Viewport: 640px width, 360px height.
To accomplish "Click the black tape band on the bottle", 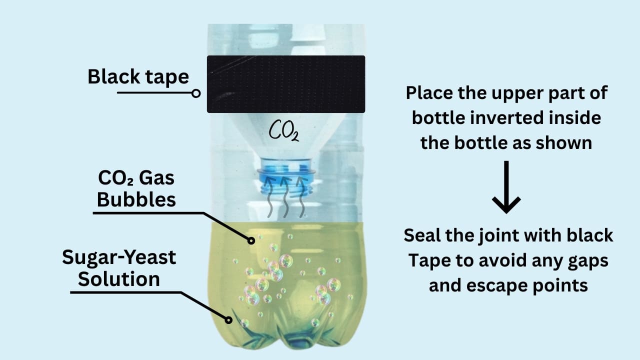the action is pyautogui.click(x=286, y=84).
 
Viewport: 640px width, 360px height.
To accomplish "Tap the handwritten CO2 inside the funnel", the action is pyautogui.click(x=284, y=131).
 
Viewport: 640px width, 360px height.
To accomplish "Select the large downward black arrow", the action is pyautogui.click(x=506, y=187).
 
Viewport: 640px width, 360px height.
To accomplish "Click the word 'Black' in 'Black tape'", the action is pyautogui.click(x=113, y=76).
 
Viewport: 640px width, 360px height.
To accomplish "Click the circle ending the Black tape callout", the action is pyautogui.click(x=196, y=93).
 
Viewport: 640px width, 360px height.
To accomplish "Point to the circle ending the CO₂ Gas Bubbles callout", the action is pyautogui.click(x=251, y=241).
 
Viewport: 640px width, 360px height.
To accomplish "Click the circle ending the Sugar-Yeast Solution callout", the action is pyautogui.click(x=228, y=320).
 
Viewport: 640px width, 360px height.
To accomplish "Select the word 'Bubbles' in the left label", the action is pyautogui.click(x=136, y=199).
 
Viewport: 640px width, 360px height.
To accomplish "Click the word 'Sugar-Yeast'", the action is pyautogui.click(x=119, y=257).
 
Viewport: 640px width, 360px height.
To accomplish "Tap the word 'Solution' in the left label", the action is pyautogui.click(x=119, y=279).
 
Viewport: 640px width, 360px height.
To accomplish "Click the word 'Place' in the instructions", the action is pyautogui.click(x=429, y=93).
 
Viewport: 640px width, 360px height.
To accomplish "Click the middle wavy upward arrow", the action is pyautogui.click(x=285, y=197).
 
